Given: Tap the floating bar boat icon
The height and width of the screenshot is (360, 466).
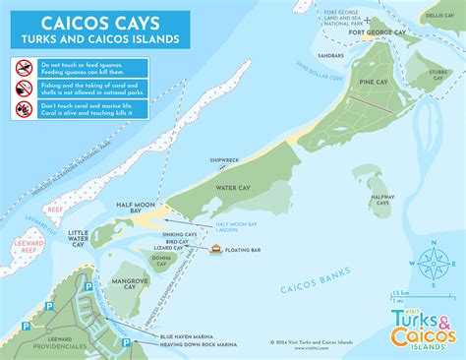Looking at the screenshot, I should click(215, 252).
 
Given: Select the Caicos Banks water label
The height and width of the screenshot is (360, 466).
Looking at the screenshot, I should click(311, 288).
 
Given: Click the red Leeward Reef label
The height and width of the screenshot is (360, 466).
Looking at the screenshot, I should click(27, 242).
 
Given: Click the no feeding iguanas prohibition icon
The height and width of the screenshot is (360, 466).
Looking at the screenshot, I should click(25, 67).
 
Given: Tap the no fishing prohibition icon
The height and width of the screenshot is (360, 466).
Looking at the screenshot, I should click(25, 87).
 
